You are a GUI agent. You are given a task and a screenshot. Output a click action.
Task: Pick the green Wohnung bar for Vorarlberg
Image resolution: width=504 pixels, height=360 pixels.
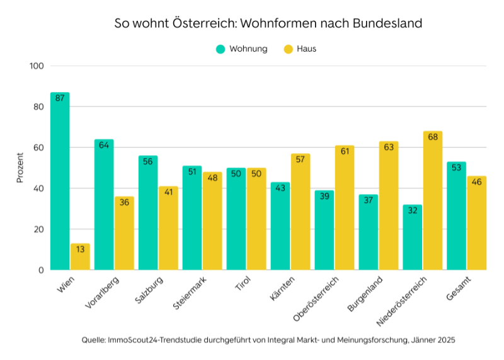tap(104, 205)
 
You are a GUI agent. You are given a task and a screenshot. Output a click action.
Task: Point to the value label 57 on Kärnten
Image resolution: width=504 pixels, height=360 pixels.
tap(301, 159)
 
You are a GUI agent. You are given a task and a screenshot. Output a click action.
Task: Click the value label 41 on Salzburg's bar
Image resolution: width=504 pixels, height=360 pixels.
tap(168, 192)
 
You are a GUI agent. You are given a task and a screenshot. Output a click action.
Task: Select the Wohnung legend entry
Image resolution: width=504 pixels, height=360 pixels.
tap(241, 49)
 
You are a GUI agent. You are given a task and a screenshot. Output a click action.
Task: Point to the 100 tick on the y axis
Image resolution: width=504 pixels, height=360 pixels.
tap(37, 66)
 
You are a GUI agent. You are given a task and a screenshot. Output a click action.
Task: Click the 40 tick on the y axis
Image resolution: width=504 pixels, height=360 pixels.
tap(39, 189)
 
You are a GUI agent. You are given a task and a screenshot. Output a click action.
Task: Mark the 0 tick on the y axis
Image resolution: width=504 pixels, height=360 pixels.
tap(41, 270)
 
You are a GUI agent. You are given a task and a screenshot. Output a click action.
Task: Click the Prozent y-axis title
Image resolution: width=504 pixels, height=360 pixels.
tap(20, 168)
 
